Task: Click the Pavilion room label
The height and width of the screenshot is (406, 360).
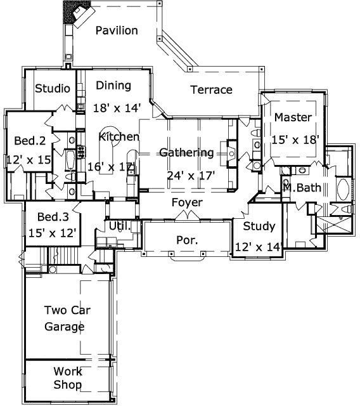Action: (117, 30)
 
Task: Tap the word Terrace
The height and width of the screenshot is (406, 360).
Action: (211, 90)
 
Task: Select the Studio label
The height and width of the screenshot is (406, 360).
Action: (52, 88)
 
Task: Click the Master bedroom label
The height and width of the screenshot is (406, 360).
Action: (293, 117)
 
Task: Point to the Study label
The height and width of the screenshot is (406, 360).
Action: (259, 226)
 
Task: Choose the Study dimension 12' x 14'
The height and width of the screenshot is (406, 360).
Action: (258, 247)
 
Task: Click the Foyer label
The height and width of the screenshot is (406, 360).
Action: (188, 202)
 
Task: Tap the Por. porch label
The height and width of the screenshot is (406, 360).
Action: (186, 240)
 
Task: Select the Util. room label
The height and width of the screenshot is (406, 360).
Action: (120, 225)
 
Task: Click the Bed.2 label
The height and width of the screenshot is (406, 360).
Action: (30, 141)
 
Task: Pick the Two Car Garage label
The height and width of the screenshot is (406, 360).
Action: (65, 318)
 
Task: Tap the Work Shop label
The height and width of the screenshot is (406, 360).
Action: (67, 378)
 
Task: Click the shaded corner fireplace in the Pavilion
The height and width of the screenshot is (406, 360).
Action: (75, 13)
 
